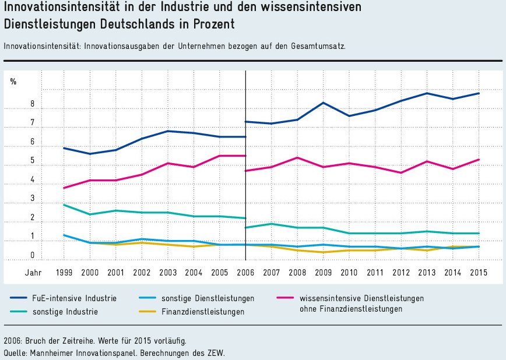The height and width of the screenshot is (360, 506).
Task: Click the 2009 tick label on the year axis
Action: pyautogui.click(x=324, y=272)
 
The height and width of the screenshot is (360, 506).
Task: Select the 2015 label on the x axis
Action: pyautogui.click(x=479, y=272)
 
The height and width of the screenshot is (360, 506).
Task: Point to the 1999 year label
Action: pyautogui.click(x=64, y=272)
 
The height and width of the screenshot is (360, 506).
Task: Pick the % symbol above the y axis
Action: pyautogui.click(x=13, y=82)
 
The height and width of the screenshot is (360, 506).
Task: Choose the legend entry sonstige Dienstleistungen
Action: pyautogui.click(x=208, y=298)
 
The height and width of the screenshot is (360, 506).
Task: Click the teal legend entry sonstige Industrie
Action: pyautogui.click(x=65, y=312)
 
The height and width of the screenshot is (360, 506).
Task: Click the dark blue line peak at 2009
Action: pyautogui.click(x=323, y=103)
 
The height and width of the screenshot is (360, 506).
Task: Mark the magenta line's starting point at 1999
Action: pyautogui.click(x=64, y=188)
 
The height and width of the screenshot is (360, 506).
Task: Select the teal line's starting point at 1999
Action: pyautogui.click(x=64, y=204)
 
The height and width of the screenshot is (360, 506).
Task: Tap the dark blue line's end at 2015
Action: pyautogui.click(x=479, y=93)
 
